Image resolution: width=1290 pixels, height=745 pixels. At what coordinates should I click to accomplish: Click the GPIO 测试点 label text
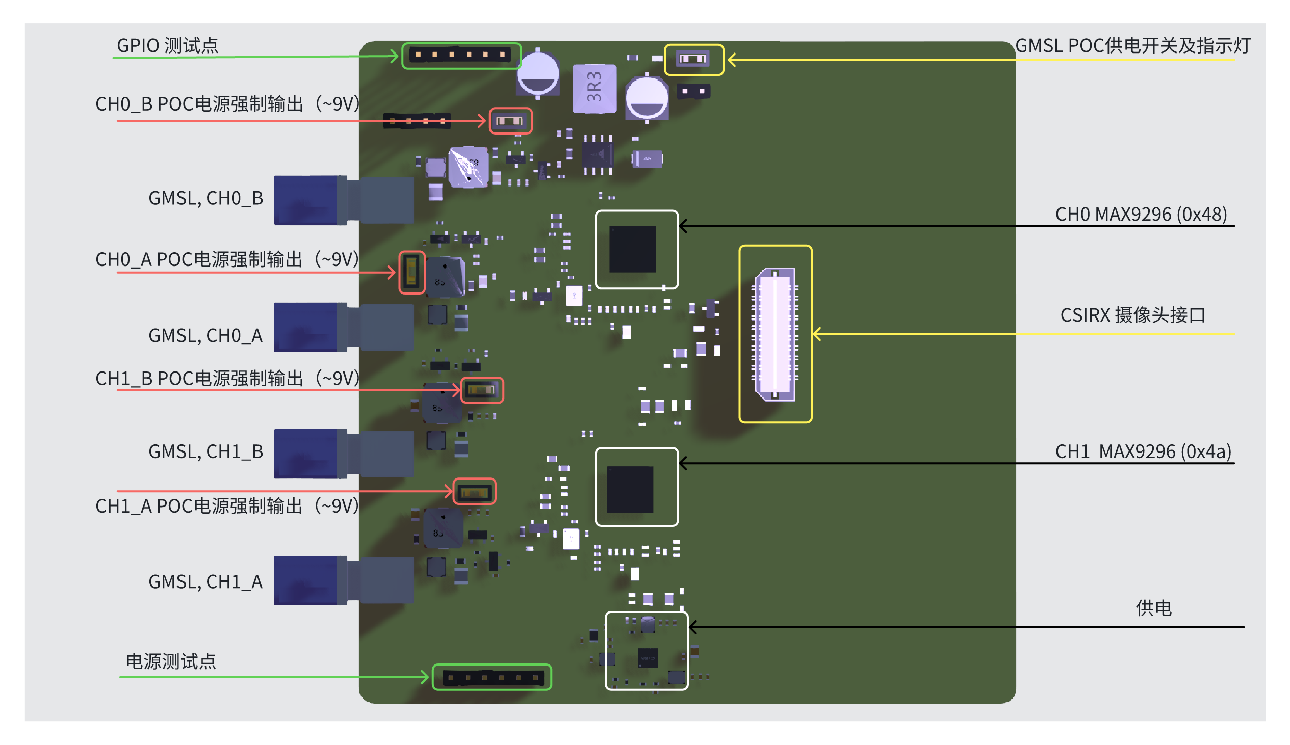pyautogui.click(x=167, y=45)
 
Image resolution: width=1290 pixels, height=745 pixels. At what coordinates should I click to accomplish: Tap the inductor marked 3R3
pyautogui.click(x=594, y=88)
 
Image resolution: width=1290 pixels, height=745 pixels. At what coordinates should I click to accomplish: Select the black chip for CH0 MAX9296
pyautogui.click(x=633, y=249)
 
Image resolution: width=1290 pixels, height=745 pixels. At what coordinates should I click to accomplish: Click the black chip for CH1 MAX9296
pyautogui.click(x=630, y=489)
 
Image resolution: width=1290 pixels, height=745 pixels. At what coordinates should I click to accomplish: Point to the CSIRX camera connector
pyautogui.click(x=776, y=334)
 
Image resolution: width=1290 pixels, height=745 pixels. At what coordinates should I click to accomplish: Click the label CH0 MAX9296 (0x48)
pyautogui.click(x=1141, y=214)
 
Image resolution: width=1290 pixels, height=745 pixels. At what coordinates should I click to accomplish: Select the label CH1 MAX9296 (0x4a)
pyautogui.click(x=1143, y=451)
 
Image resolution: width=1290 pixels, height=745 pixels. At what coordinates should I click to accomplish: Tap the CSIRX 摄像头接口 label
pyautogui.click(x=1132, y=315)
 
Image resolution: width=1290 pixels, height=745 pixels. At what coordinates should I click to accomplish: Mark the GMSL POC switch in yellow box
pyautogui.click(x=693, y=59)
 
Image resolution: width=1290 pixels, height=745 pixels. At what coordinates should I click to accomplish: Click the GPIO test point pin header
pyautogui.click(x=460, y=55)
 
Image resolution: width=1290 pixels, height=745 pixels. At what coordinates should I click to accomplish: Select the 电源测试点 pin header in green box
pyautogui.click(x=492, y=677)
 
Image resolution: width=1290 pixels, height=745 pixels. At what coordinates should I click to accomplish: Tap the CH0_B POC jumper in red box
pyautogui.click(x=510, y=121)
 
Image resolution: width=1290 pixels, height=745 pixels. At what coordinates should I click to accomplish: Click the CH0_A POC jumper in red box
pyautogui.click(x=411, y=272)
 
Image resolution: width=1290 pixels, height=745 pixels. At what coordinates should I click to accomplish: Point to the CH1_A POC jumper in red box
pyautogui.click(x=475, y=492)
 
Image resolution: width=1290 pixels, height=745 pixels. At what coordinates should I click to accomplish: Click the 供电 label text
pyautogui.click(x=1153, y=608)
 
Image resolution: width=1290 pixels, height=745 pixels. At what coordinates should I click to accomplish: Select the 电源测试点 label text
pyautogui.click(x=171, y=661)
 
